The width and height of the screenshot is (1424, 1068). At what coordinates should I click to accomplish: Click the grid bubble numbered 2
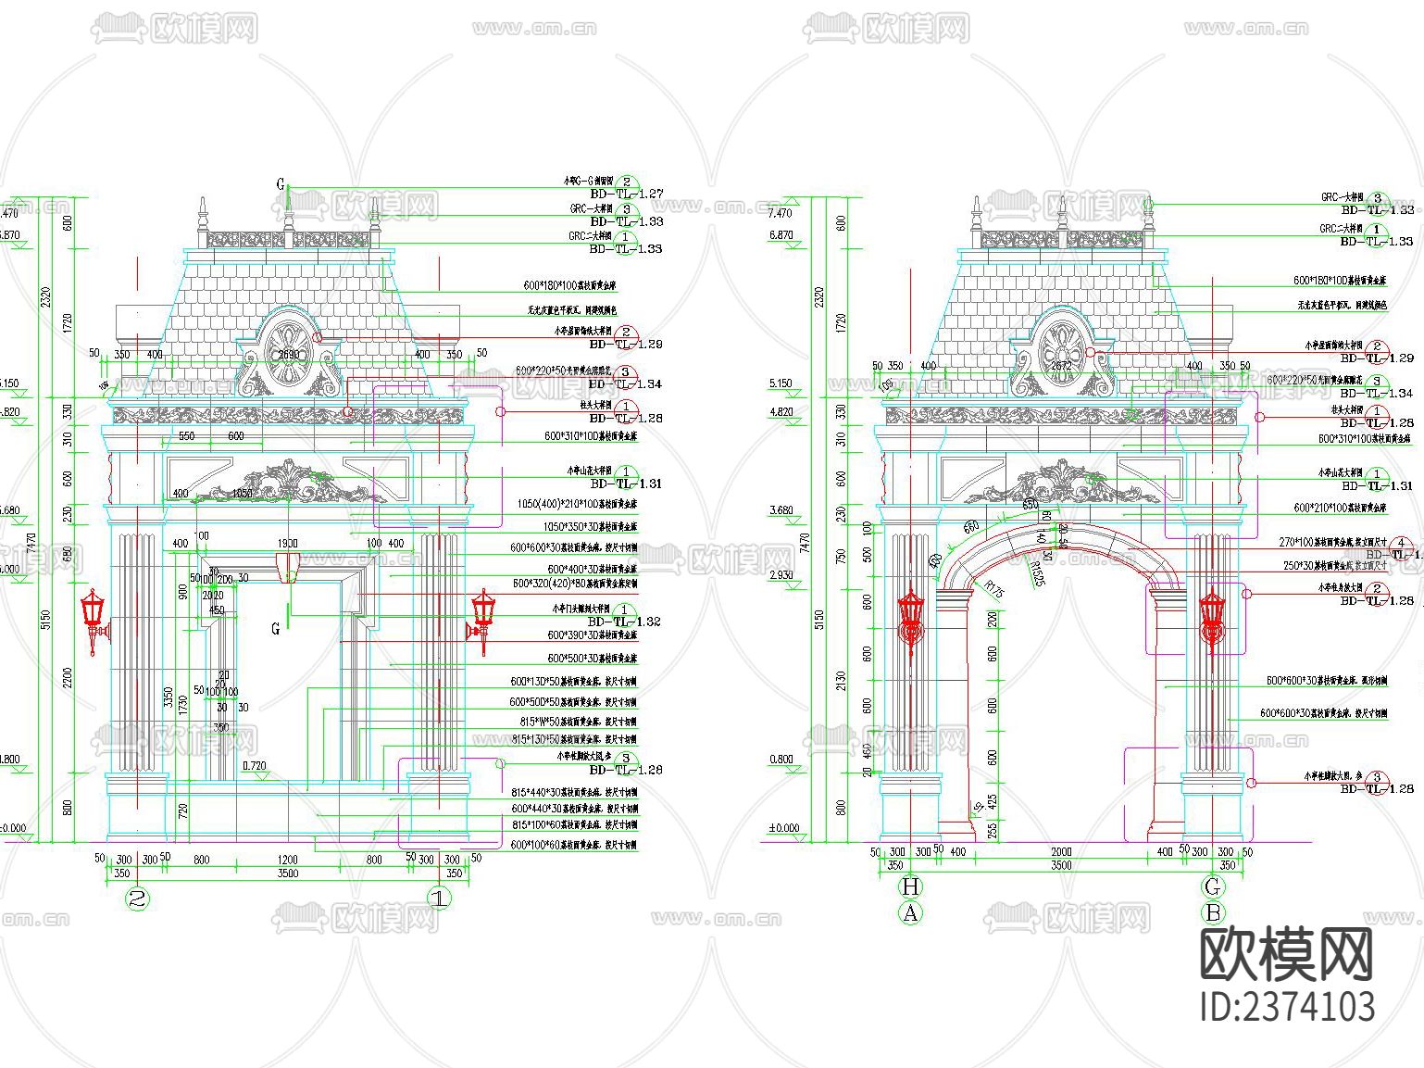(138, 898)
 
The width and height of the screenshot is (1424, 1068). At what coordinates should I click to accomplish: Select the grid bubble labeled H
(911, 886)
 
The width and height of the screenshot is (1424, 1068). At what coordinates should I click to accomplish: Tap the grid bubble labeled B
(1213, 912)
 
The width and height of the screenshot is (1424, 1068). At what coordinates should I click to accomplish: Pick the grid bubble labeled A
(911, 912)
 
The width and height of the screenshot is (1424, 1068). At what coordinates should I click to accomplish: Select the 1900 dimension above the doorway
(287, 544)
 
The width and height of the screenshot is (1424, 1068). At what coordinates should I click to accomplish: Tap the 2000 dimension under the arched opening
(1061, 851)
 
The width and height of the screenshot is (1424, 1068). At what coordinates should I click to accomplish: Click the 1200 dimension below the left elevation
(287, 860)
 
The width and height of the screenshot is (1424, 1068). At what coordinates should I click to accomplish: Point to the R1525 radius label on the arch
(1036, 576)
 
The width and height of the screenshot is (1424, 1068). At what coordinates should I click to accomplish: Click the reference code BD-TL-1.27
(627, 195)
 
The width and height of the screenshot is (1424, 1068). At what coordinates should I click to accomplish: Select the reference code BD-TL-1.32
(625, 622)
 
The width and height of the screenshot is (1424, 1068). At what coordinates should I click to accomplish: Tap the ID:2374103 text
(1288, 1007)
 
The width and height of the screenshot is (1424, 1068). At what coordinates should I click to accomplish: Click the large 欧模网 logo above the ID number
(1288, 954)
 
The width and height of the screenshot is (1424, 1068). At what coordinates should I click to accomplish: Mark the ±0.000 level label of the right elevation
(784, 828)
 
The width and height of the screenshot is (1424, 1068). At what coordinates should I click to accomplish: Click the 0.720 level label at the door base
(254, 766)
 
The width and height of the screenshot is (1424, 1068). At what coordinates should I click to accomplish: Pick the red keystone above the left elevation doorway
(288, 567)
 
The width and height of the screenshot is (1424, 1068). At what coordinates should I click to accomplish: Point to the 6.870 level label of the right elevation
(781, 235)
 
